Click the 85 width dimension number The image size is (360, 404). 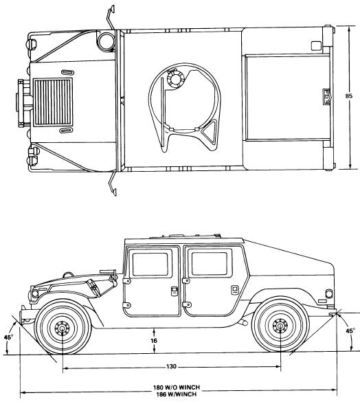pos(348,96)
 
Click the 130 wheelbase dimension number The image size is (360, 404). pos(171,366)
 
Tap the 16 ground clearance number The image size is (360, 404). pos(154,341)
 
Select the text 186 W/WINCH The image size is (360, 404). pos(176,394)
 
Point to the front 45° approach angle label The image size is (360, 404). pos(8,337)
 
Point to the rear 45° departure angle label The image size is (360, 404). pos(350,331)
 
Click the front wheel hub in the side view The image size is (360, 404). pos(62,328)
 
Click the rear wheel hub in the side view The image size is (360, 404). pos(280,326)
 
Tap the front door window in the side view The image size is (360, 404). pos(150,265)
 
